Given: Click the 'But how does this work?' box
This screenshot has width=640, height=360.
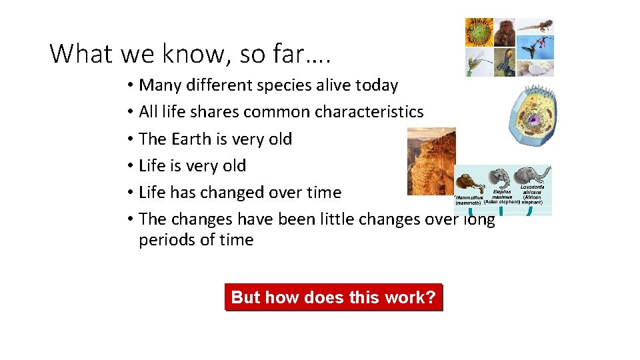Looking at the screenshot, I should coord(333,297).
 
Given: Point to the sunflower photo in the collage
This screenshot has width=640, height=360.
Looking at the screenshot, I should coord(479,31).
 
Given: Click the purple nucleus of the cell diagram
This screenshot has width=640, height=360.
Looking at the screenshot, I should coord(535,121).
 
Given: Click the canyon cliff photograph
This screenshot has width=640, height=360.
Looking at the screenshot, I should coord(431,161).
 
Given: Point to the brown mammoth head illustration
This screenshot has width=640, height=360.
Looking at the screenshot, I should coord(467,183).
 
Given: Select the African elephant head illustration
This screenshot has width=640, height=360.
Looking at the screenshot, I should coord(529,177).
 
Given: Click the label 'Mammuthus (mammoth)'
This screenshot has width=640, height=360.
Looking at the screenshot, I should coord(468,200).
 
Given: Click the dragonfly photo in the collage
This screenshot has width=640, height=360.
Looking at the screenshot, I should coord(479,62).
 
